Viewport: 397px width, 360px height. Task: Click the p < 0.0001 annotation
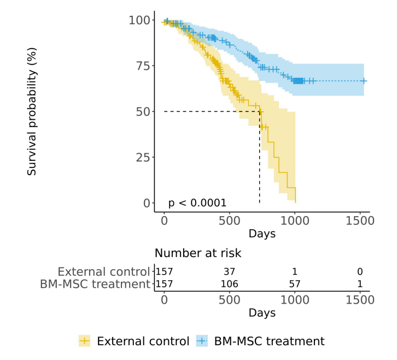197,203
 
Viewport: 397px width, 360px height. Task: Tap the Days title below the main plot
262,234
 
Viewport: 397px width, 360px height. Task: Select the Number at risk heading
198,253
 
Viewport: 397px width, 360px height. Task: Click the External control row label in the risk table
103,271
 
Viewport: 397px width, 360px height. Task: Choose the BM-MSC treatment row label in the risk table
95,284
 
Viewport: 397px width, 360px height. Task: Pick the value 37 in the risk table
229,272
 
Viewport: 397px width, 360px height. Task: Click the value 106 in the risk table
229,284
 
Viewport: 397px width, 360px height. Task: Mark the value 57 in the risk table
295,284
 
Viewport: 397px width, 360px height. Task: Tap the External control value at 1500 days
360,272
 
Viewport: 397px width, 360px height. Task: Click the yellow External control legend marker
85,341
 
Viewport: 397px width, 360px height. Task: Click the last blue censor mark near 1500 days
364,81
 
